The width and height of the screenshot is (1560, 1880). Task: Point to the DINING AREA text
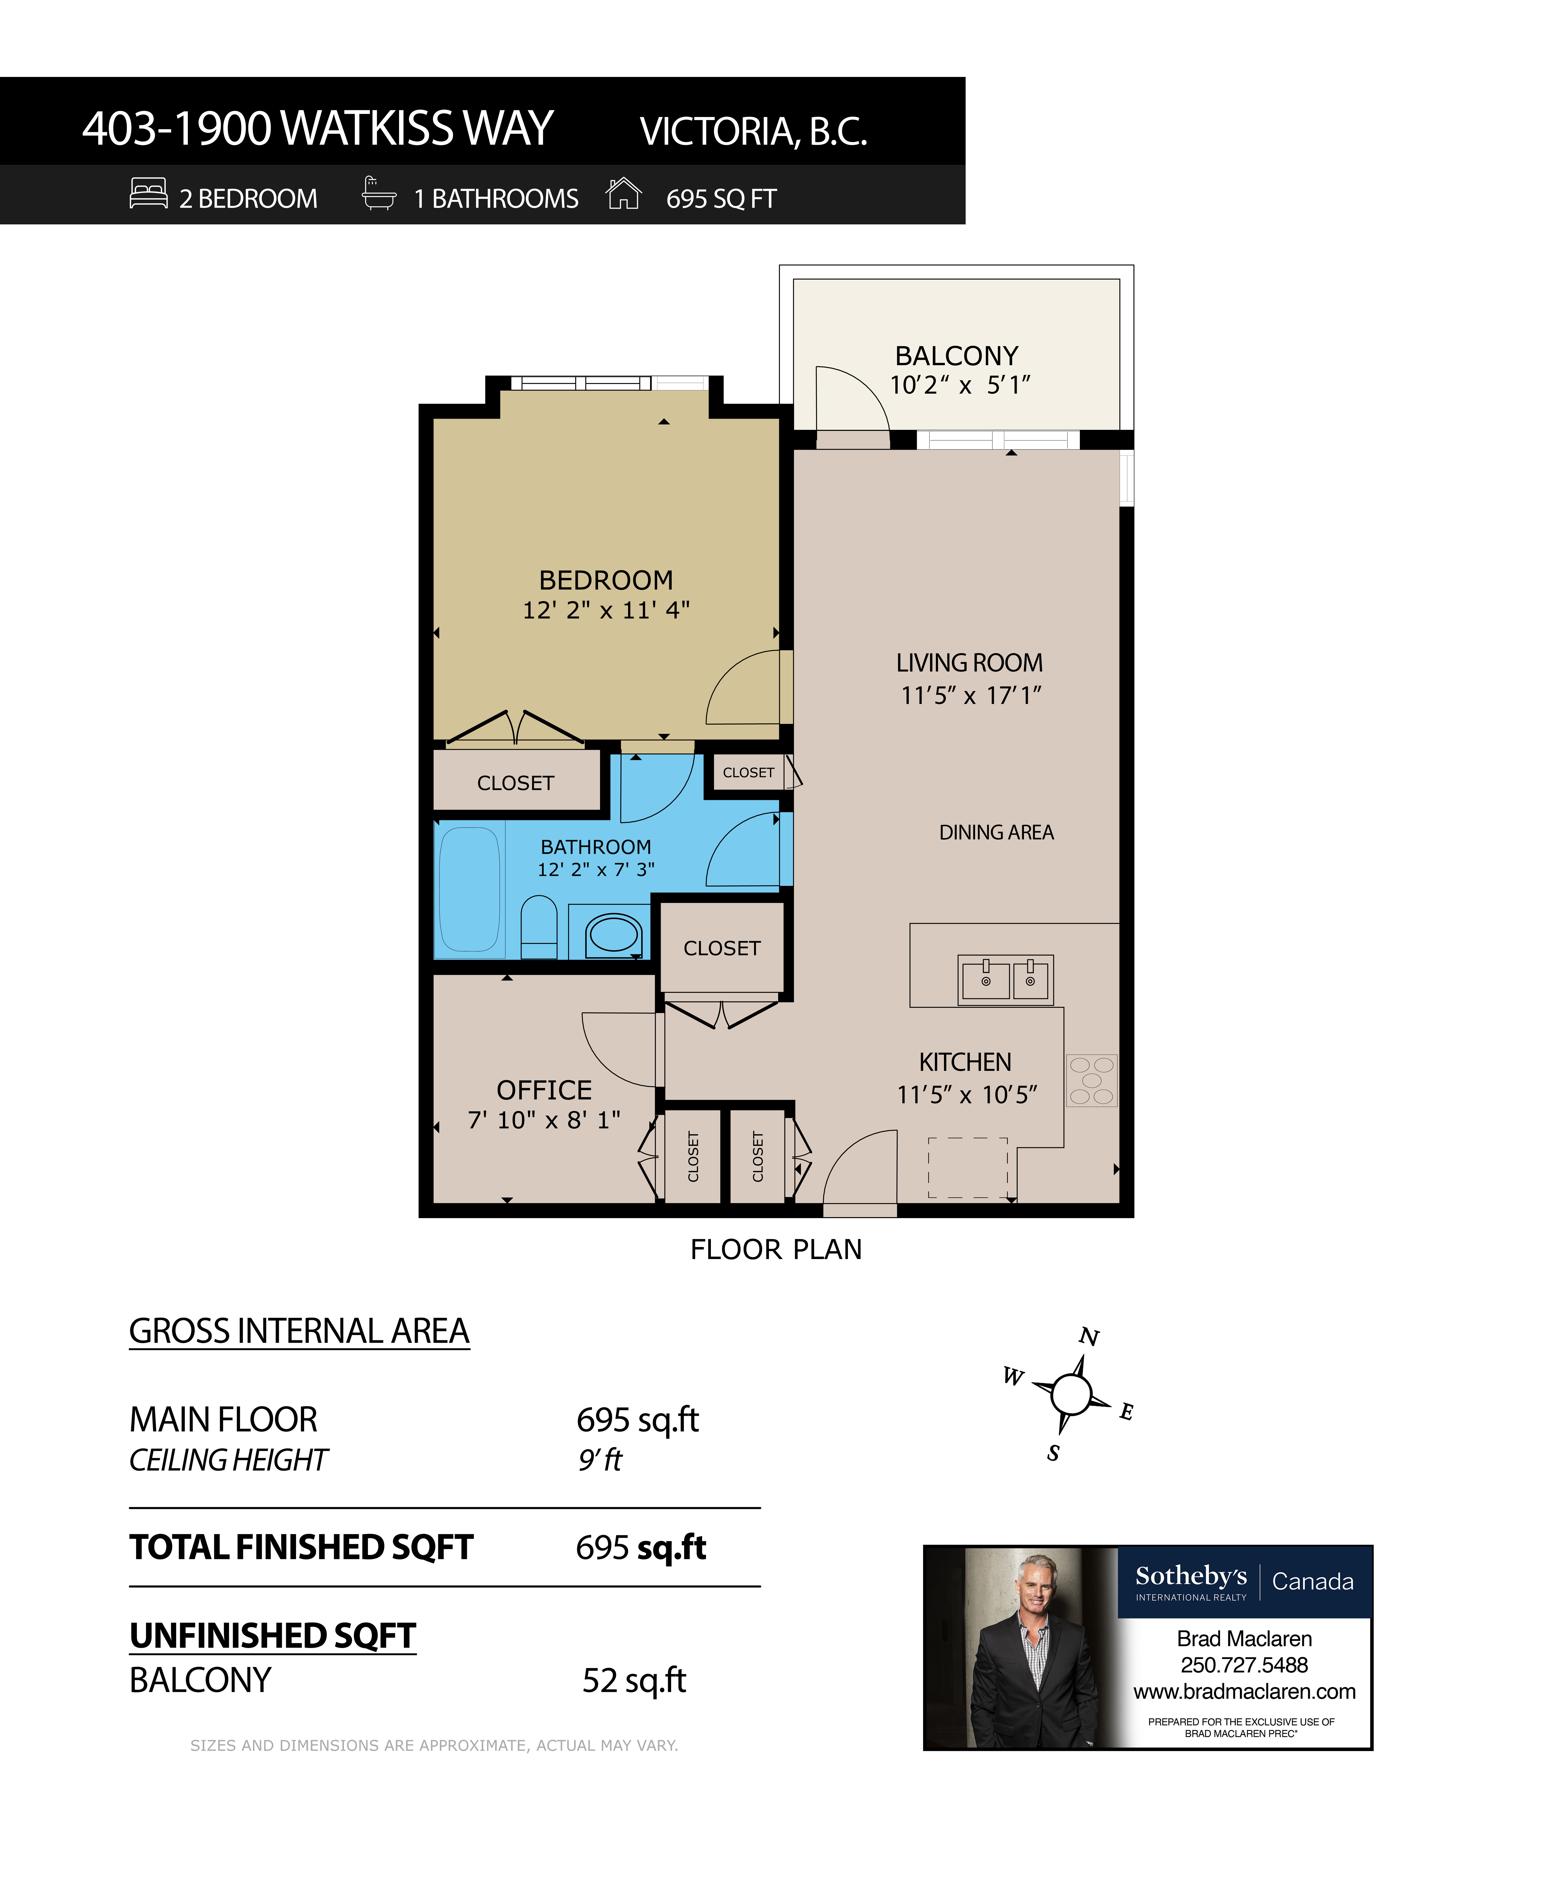996,833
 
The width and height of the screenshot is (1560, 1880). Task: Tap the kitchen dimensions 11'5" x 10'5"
967,1094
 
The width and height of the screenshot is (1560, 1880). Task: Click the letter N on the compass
1088,1337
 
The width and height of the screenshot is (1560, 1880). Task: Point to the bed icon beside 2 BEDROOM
149,193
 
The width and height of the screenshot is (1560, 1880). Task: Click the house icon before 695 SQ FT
624,193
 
